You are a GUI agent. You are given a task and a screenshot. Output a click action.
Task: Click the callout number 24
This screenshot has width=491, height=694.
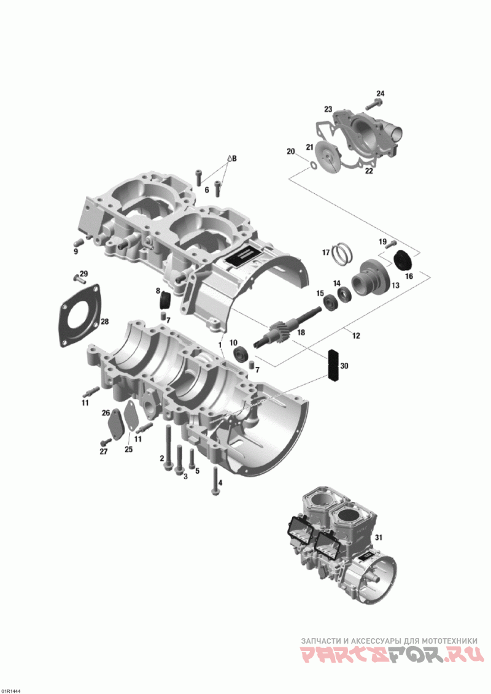coord(381,93)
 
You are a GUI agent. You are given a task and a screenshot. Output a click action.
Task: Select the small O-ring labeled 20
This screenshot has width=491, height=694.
coord(312,166)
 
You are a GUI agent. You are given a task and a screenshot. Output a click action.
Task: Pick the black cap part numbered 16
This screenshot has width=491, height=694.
coord(403,260)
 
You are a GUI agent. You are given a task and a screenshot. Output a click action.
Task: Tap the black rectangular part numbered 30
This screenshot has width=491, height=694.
coord(333,365)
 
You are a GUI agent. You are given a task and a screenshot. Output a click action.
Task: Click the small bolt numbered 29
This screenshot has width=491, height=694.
coord(79,278)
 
